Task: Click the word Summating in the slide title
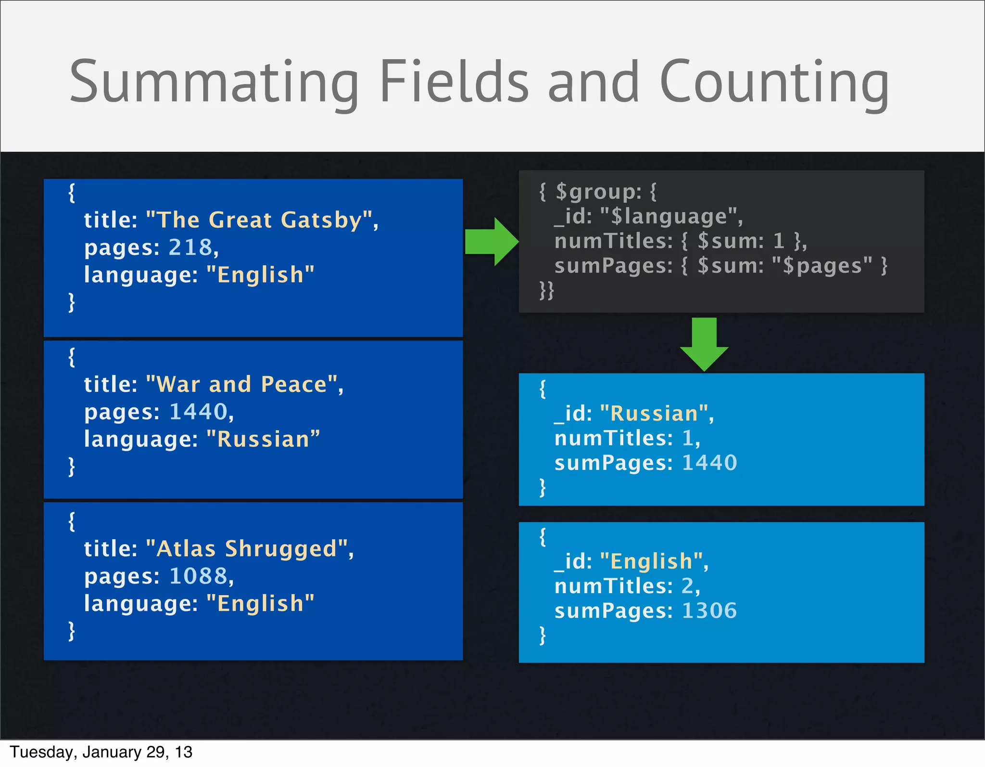pos(214,82)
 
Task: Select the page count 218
pos(190,247)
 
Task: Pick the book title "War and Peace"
pos(242,384)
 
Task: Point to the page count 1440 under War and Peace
pos(198,412)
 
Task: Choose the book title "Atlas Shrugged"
pos(247,548)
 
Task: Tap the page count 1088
pos(198,576)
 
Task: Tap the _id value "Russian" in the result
pos(654,414)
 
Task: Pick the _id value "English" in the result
pos(651,561)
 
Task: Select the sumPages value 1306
pos(709,611)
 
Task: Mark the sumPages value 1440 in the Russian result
pos(709,463)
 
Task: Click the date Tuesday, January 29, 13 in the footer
pos(101,752)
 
